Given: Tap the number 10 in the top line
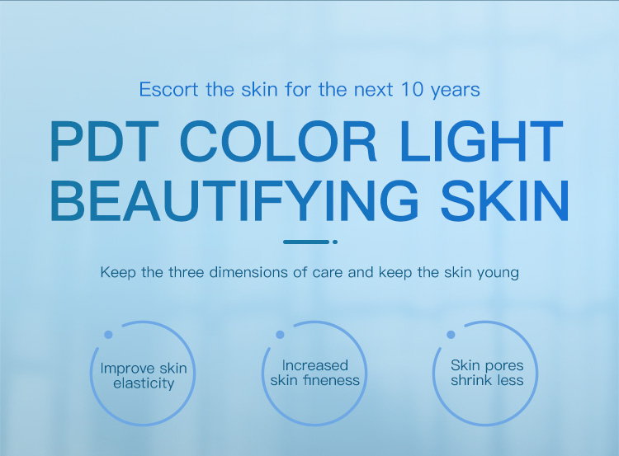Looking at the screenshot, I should [x=409, y=89].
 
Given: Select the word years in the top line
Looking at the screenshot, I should [x=455, y=89].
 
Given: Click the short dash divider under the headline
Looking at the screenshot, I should [x=305, y=242].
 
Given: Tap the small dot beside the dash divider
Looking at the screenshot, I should [x=335, y=242].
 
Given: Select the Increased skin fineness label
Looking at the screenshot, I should [x=315, y=373].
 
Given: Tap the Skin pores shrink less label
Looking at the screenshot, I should [x=487, y=373].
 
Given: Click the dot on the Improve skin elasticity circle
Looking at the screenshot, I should [x=108, y=335].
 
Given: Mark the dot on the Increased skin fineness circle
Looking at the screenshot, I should [x=280, y=335].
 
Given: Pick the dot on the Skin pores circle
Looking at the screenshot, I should [x=451, y=335].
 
